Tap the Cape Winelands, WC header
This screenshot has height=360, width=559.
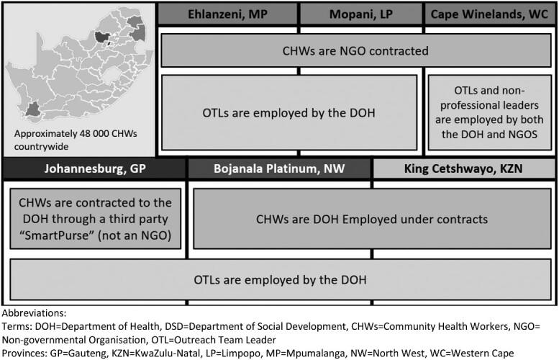pos(491,13)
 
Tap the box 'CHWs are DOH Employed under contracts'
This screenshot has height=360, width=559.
pos(373,218)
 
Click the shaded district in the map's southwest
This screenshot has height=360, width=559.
pos(32,109)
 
